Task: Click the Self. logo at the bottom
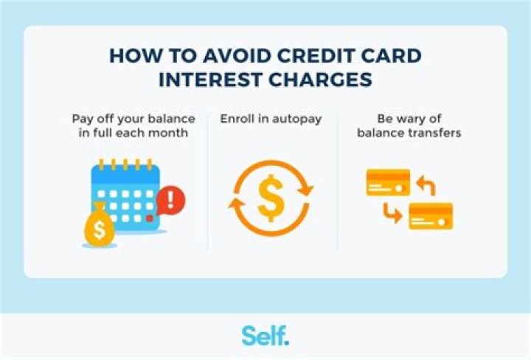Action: point(265,335)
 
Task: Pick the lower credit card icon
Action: point(430,216)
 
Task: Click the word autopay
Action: point(296,119)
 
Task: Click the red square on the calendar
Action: point(150,218)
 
